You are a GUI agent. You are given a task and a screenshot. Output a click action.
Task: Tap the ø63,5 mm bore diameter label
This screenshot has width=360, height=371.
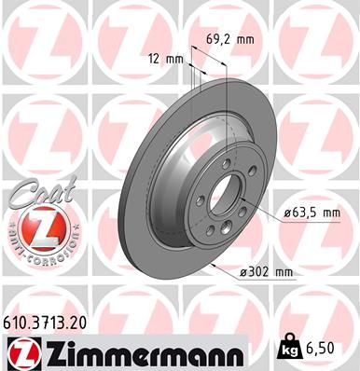point(312,213)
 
